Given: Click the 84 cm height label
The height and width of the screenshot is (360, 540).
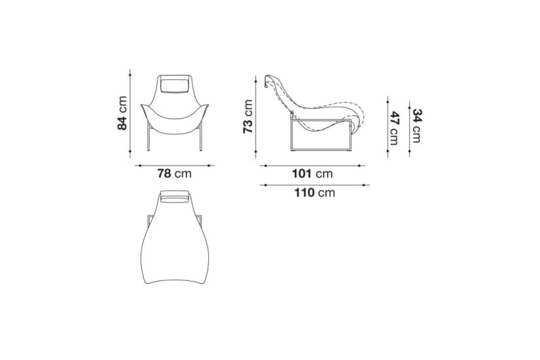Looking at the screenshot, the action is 122,113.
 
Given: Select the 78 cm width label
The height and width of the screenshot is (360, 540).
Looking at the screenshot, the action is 174,173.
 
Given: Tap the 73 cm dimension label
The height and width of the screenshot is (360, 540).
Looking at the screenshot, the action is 248,117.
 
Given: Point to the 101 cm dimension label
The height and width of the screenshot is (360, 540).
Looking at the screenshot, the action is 312,173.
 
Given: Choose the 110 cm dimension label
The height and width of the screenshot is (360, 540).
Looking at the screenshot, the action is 314,192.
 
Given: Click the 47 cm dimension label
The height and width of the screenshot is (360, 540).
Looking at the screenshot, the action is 395,128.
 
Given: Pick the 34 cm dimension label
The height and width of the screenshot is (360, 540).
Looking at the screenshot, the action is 417,126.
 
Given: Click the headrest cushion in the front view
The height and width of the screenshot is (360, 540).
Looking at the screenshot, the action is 175,85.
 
